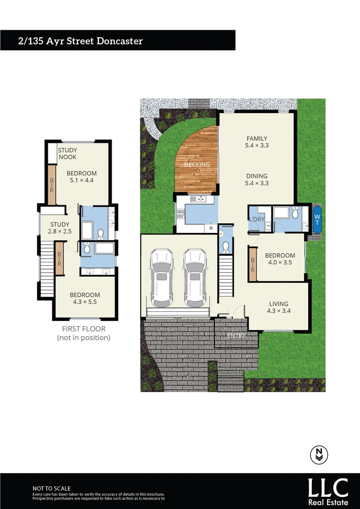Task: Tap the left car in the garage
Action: tap(162, 278)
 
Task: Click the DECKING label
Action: tap(197, 164)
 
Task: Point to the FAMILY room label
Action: tap(257, 139)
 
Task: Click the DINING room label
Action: tap(257, 176)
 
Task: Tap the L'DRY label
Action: tap(257, 220)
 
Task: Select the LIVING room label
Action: tap(278, 304)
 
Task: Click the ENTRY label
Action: tap(237, 336)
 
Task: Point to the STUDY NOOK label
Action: tap(67, 154)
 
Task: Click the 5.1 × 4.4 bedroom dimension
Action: tap(82, 180)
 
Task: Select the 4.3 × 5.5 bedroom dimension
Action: tap(85, 302)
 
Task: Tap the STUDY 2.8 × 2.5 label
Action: tap(60, 228)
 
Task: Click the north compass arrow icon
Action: tap(319, 454)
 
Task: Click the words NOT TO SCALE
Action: tap(51, 488)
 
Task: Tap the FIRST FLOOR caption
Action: tap(84, 329)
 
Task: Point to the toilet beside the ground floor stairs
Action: tap(226, 245)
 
